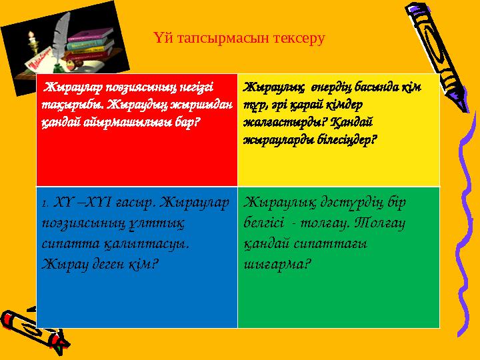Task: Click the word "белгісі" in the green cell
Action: pos(265,222)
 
